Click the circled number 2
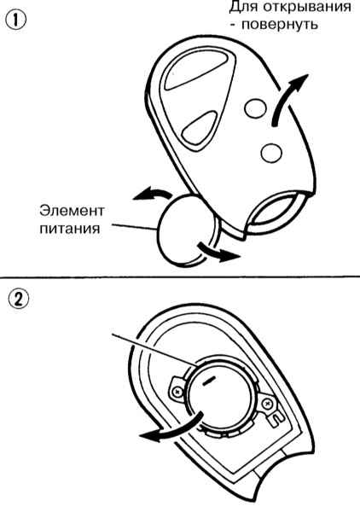(18, 300)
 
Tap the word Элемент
(72, 211)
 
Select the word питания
(70, 228)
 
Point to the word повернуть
(279, 25)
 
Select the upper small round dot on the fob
(255, 108)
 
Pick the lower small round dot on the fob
(271, 152)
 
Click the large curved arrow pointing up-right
(287, 97)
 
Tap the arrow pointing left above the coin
(152, 194)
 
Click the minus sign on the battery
(209, 381)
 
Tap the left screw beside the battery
(177, 390)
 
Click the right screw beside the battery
(268, 404)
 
